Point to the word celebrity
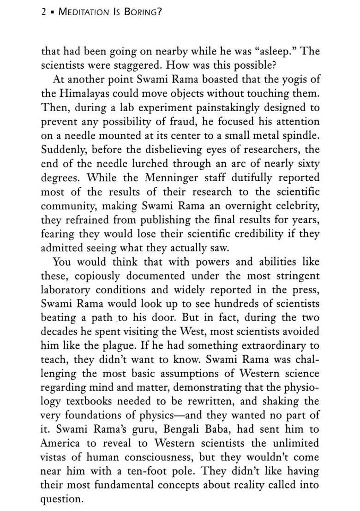pos(294,207)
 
